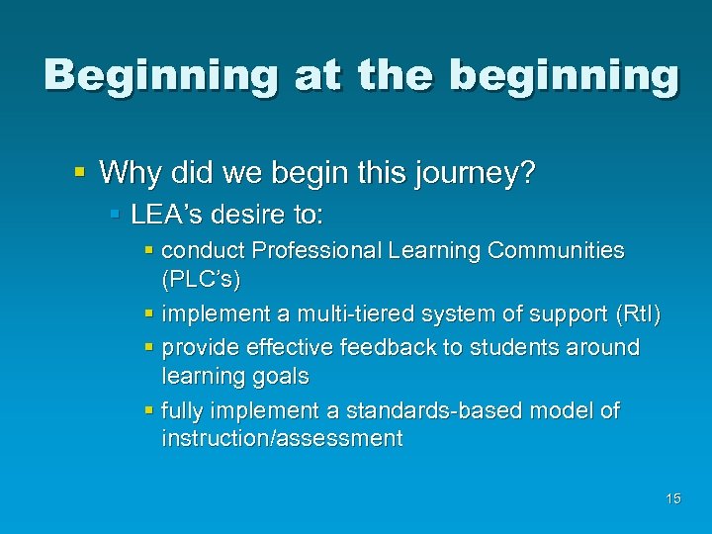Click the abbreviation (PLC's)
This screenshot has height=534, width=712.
coord(201,280)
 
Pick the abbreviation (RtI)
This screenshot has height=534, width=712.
coord(638,314)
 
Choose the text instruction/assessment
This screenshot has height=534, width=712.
coord(282,439)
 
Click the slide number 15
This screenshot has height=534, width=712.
coord(672,498)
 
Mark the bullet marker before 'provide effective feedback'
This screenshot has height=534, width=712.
coord(149,348)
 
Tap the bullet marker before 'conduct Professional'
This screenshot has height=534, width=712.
coord(149,251)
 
